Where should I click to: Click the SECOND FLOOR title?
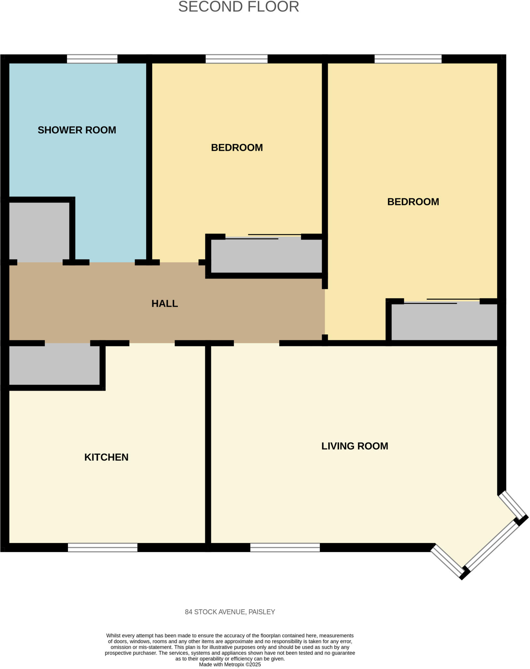coord(239,7)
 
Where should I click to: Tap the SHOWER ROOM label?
coord(77,130)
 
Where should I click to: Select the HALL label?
coord(164,303)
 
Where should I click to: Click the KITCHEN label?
coord(106,457)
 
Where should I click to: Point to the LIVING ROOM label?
coord(355,446)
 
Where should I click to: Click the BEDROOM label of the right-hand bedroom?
coord(413,202)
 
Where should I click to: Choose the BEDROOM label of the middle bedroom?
coord(237,148)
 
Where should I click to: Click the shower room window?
coord(92,59)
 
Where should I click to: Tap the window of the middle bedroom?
coord(236,59)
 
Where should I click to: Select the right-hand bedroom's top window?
coord(408,59)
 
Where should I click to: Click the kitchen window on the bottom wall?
coord(102,547)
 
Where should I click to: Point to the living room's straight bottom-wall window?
coord(285,547)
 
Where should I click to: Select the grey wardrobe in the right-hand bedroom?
coord(444,321)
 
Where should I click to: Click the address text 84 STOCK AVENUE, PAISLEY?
coord(230,612)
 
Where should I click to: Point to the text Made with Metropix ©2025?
coord(230,664)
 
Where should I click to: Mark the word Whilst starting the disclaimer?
coord(113,636)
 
